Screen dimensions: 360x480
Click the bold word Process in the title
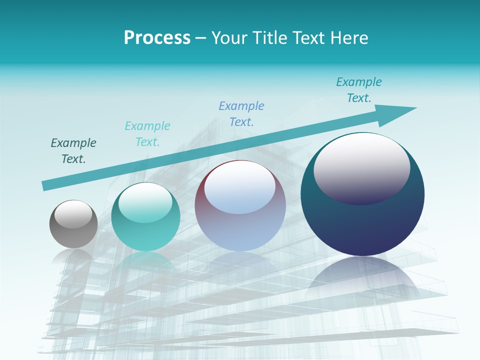157,38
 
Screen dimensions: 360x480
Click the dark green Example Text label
73,151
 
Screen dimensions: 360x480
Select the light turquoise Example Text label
147,134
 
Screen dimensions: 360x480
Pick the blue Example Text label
241,114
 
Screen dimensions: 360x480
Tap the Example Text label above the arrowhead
359,90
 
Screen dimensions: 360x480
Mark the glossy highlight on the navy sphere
361,167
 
